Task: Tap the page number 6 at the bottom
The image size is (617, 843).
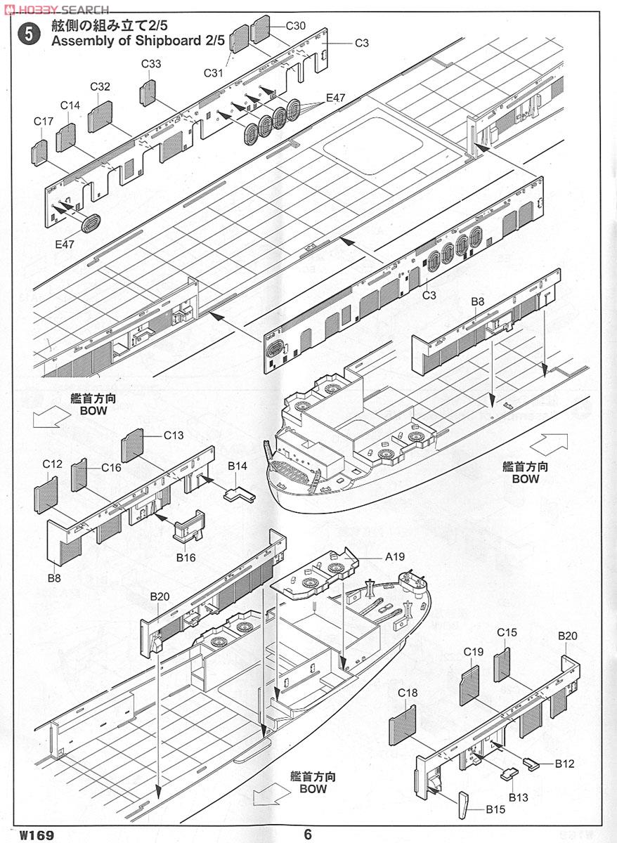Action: pos(308,834)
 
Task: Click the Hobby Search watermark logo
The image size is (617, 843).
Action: pos(56,9)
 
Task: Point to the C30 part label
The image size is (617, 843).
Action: pos(295,26)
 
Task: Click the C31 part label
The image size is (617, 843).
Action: pos(214,72)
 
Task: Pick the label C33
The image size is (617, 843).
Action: pos(150,64)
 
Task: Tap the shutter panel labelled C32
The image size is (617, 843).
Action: pos(100,117)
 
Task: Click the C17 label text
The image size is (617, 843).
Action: pos(43,122)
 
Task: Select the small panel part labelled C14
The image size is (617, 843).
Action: pos(65,137)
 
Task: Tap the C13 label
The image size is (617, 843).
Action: pos(174,435)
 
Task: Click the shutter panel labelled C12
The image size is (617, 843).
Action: pos(46,495)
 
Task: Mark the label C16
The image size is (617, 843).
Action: pos(111,467)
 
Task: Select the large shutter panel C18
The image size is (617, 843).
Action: pos(402,724)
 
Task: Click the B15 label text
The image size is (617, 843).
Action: pos(495,809)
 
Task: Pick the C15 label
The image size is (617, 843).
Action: pos(507,632)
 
